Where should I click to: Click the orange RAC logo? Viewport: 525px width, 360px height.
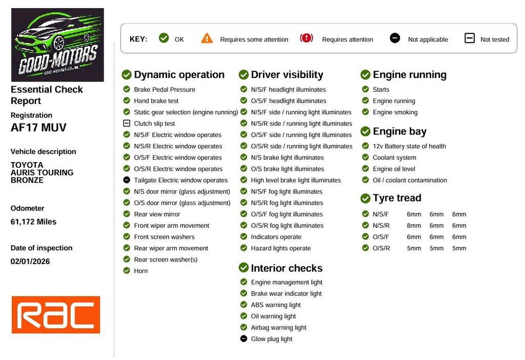tap(56, 314)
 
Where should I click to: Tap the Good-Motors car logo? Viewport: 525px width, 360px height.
tap(57, 45)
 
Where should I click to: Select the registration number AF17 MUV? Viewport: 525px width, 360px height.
tap(38, 128)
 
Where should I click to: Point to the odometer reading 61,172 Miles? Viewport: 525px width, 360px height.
tap(33, 222)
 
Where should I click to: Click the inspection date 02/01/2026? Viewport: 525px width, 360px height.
tap(30, 261)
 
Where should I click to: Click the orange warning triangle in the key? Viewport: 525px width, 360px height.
tap(207, 38)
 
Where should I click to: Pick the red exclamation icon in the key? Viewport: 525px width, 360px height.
tap(307, 38)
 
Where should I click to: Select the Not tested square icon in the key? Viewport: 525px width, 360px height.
tap(470, 38)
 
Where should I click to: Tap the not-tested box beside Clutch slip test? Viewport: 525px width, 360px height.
tap(127, 123)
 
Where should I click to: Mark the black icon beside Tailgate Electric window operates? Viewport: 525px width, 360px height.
tap(127, 180)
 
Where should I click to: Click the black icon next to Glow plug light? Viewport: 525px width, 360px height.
tap(244, 338)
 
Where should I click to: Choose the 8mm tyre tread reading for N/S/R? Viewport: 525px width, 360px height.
tap(414, 226)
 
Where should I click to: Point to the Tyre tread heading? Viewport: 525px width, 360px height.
tap(397, 198)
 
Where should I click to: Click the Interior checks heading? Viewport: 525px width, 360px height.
tap(287, 268)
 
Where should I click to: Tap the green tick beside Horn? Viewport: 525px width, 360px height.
tap(127, 270)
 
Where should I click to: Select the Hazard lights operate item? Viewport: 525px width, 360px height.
tap(281, 248)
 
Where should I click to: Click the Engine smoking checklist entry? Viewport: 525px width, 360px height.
tap(395, 112)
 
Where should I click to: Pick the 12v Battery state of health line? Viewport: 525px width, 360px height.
tap(409, 146)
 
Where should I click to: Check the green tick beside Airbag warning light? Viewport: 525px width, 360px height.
tap(244, 327)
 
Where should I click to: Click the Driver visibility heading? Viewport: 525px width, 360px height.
tap(287, 74)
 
